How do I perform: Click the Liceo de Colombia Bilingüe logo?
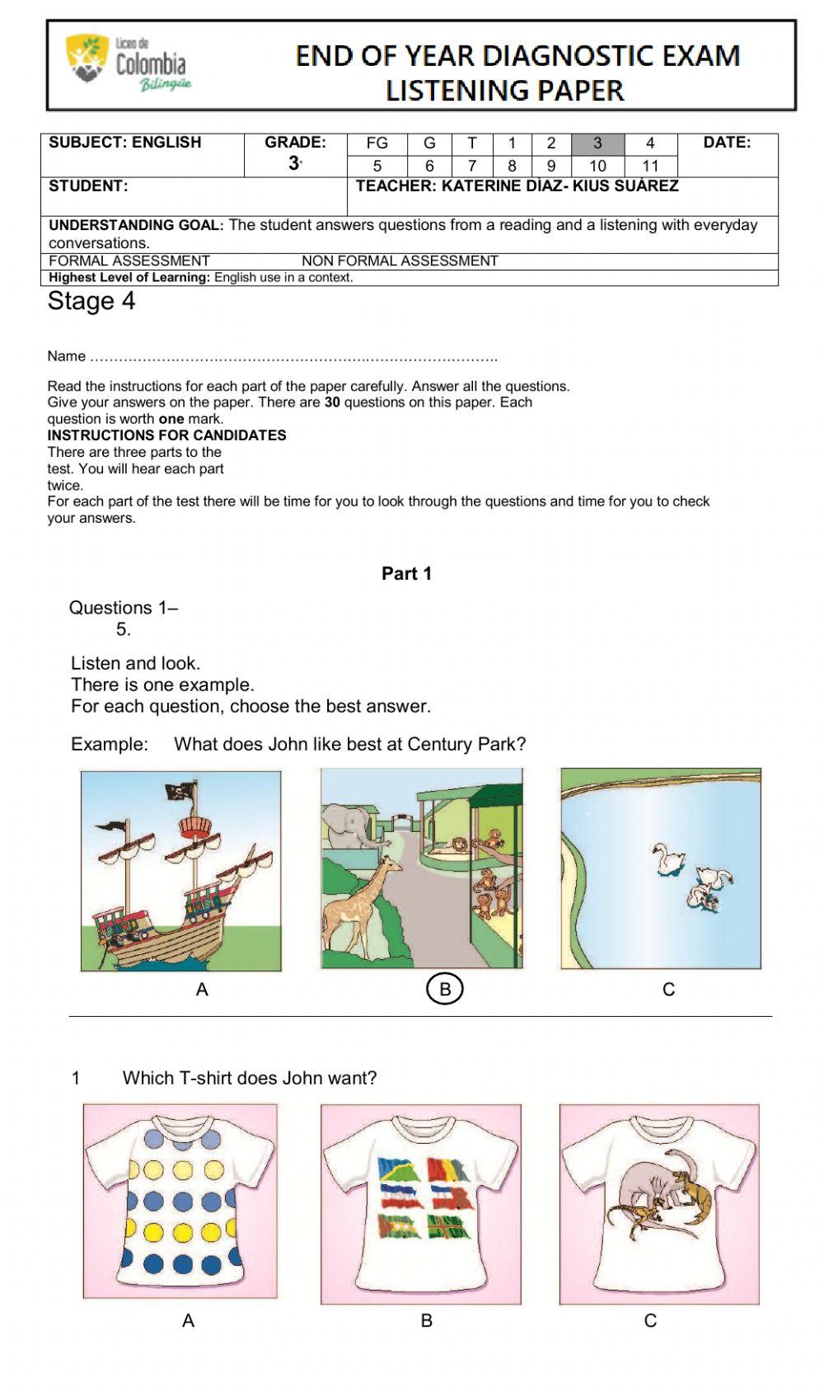[128, 63]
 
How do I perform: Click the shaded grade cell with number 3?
[597, 143]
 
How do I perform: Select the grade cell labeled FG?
[377, 143]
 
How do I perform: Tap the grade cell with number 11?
[650, 166]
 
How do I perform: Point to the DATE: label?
[726, 142]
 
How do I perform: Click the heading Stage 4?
[91, 301]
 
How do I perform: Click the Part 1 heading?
[406, 573]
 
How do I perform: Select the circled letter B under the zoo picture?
[445, 989]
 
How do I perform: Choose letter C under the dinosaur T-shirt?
[650, 1320]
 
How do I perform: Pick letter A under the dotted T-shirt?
[188, 1320]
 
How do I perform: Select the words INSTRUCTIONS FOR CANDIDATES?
[166, 435]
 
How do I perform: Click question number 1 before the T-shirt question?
[76, 1078]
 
